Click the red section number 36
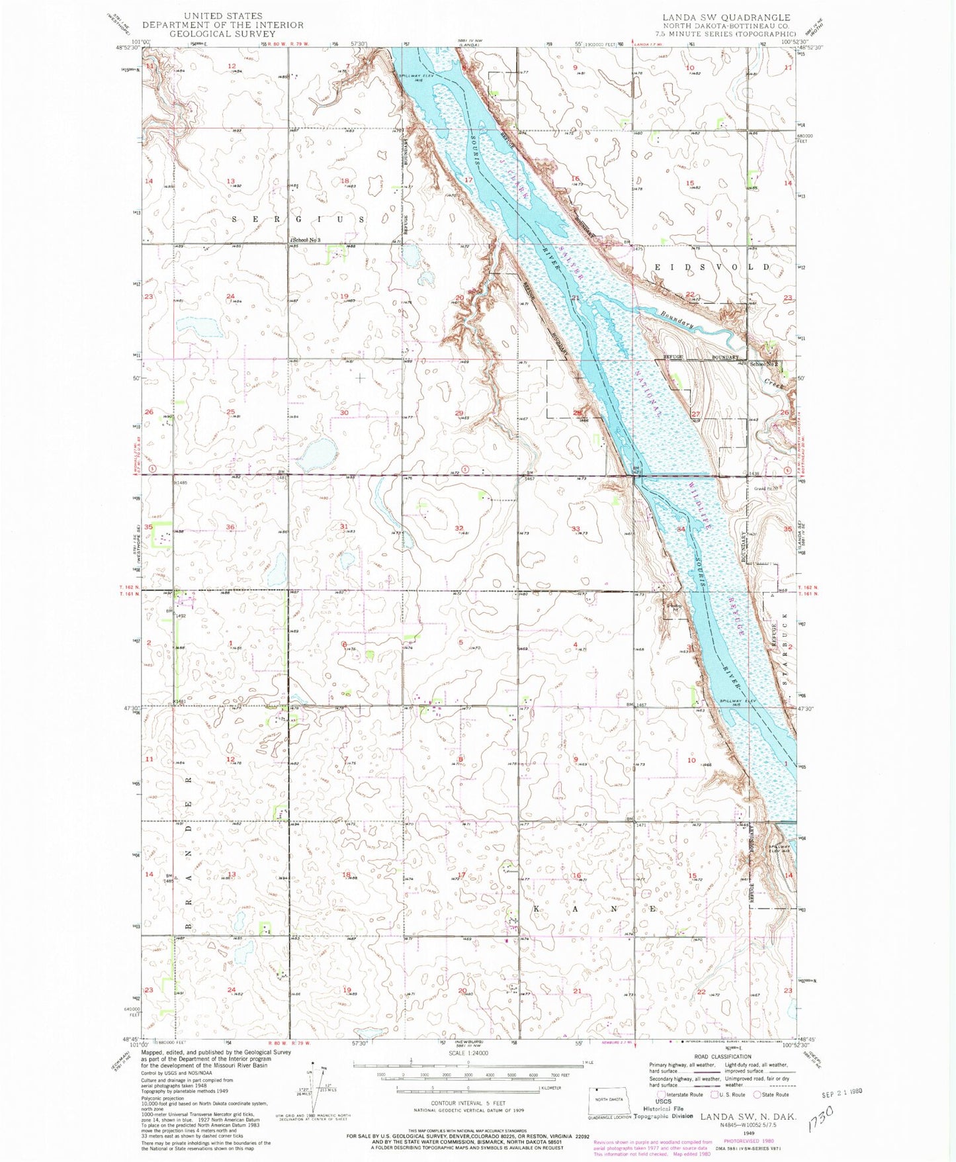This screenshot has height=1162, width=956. click(231, 527)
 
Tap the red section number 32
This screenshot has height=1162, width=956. click(459, 528)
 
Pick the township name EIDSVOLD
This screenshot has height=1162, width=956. click(712, 267)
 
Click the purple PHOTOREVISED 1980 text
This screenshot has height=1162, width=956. click(749, 1141)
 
